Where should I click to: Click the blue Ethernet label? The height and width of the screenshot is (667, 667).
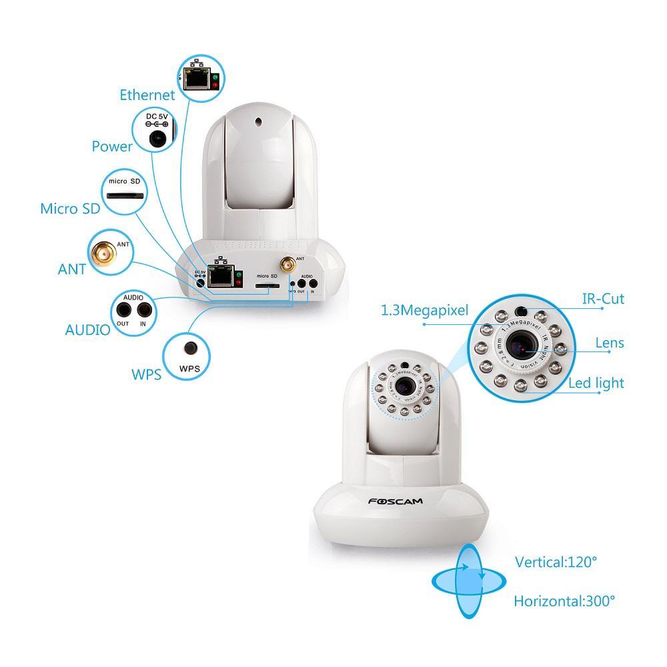coord(147,95)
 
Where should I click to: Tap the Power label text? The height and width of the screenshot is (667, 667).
coord(112,146)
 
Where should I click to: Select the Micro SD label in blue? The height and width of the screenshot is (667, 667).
coord(70,209)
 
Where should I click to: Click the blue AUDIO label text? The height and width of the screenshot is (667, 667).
coord(87,329)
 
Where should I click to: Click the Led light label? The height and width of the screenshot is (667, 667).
coord(596,383)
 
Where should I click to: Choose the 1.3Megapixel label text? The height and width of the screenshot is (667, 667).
coord(425,309)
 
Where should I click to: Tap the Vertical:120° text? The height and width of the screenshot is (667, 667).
coord(556,562)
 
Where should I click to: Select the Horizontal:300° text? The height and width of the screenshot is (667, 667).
coord(564,601)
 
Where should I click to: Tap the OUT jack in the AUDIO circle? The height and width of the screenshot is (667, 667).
coord(124,309)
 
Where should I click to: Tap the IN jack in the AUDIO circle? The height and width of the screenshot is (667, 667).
coord(143,309)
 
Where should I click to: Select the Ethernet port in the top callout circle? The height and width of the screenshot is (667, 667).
coord(197,79)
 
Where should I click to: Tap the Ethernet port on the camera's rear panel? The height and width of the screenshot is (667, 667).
coord(218,274)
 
